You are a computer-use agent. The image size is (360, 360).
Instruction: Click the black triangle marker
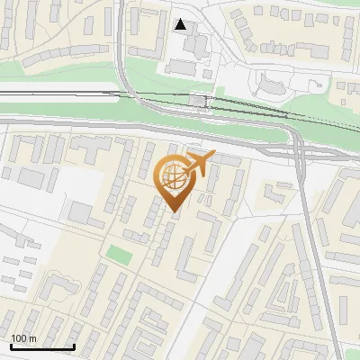(182, 24)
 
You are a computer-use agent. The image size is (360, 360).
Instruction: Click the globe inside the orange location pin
(174, 180)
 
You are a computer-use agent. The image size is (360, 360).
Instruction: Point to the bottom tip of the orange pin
(175, 211)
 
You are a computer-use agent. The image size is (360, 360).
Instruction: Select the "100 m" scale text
(23, 338)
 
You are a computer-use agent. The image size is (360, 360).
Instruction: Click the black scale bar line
(41, 346)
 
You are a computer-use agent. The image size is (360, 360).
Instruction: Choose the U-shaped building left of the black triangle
(144, 36)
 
